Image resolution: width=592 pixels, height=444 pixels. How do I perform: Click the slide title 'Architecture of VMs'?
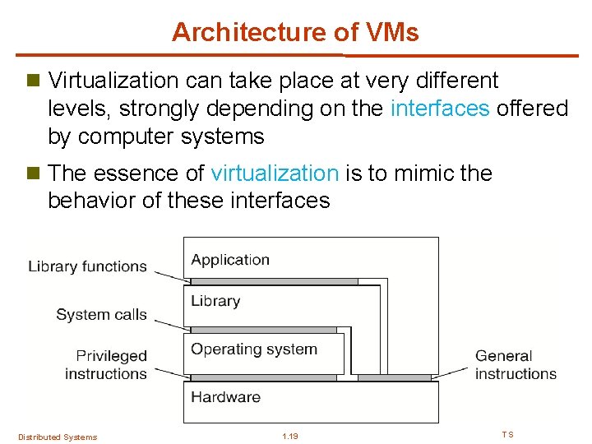tap(295, 32)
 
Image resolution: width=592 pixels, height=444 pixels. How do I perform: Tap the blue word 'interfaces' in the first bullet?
tap(440, 109)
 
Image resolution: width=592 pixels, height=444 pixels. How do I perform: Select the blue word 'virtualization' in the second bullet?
tap(275, 173)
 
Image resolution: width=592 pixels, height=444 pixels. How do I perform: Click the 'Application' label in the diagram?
tap(230, 260)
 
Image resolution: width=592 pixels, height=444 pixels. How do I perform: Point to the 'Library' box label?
tap(215, 301)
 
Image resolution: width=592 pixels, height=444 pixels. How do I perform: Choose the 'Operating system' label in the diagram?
tap(253, 349)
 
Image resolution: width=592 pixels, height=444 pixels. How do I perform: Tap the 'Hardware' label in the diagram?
tap(225, 396)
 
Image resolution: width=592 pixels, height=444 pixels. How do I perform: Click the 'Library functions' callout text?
tap(87, 266)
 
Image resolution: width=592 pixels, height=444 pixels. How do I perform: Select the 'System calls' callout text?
tap(101, 314)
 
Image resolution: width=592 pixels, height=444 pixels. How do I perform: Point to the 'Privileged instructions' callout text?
tap(108, 365)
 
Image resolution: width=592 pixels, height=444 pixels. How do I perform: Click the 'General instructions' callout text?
tap(515, 365)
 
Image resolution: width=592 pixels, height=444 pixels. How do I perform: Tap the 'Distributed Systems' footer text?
tap(58, 437)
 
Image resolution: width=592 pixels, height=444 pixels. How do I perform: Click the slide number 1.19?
tap(289, 437)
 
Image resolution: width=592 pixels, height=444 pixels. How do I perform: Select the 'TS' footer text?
tap(507, 435)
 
